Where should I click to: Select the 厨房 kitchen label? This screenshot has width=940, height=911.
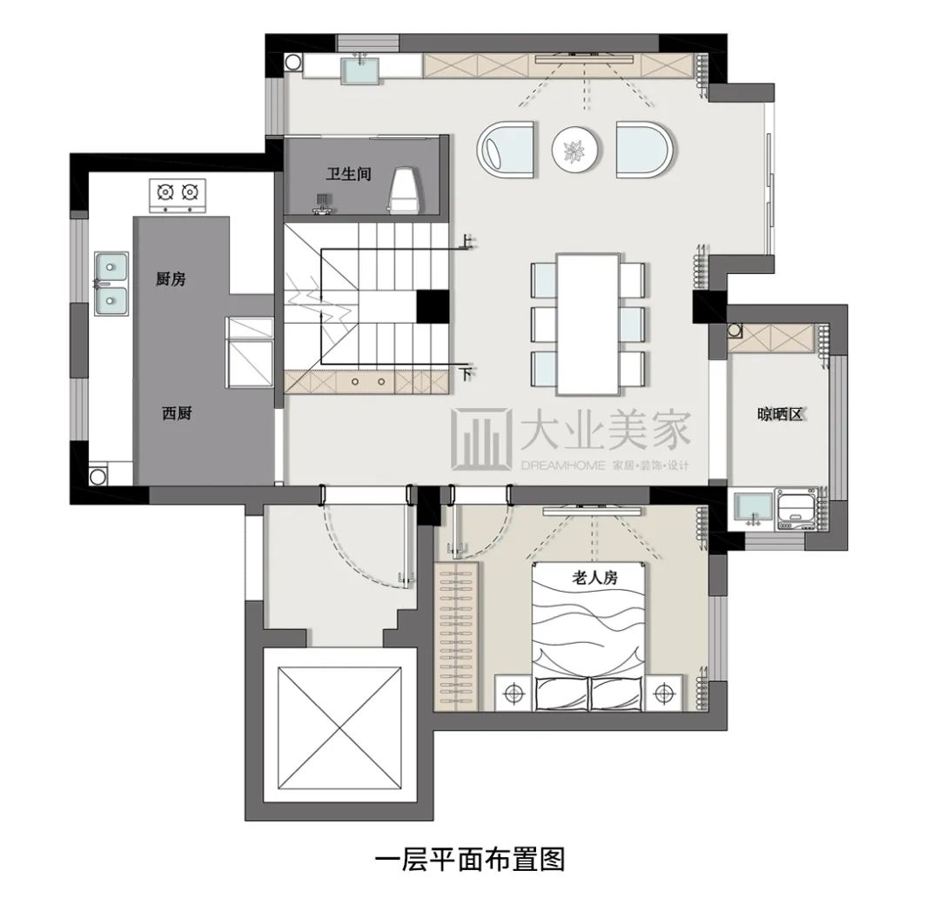click(x=171, y=279)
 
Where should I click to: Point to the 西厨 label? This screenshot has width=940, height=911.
click(x=177, y=413)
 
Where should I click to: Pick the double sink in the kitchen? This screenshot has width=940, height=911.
click(x=111, y=282)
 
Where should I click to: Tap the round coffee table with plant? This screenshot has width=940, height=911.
click(x=576, y=151)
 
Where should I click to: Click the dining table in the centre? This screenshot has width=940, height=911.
click(x=588, y=322)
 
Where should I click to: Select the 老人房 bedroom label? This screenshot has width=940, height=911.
click(x=594, y=577)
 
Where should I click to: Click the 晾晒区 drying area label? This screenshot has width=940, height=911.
click(x=778, y=415)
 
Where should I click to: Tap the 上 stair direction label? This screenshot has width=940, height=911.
click(x=467, y=242)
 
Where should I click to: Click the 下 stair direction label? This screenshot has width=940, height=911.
click(x=467, y=374)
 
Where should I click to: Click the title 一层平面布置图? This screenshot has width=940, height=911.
click(x=470, y=860)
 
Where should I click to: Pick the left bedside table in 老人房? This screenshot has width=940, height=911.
click(x=516, y=693)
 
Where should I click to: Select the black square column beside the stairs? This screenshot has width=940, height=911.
click(x=432, y=306)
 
